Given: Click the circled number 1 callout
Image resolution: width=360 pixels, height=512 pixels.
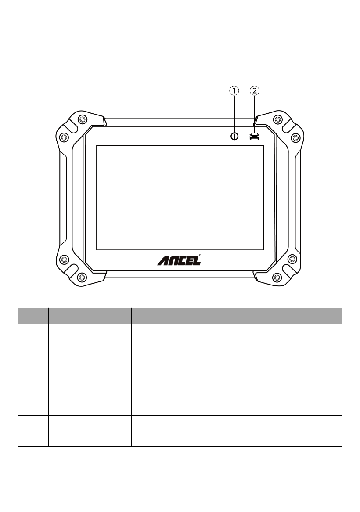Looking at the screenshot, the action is pos(234,91).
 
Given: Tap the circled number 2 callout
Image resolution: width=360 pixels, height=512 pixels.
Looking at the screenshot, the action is pos(255,91).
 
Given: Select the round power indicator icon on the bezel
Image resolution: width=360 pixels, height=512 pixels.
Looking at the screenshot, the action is pos(234,136).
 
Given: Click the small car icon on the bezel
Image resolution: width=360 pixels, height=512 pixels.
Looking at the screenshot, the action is pos(255,136).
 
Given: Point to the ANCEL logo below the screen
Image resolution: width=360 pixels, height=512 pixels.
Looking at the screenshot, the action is pos(179,260).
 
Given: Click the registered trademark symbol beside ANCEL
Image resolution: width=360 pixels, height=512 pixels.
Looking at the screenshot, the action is pos(200,256).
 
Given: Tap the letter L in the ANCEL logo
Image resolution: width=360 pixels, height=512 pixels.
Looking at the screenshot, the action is pos(196,261).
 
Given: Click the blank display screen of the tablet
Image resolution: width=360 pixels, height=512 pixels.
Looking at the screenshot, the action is pos(180,198).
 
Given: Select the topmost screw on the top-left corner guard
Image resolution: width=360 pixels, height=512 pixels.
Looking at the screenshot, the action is pos(82,119).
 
